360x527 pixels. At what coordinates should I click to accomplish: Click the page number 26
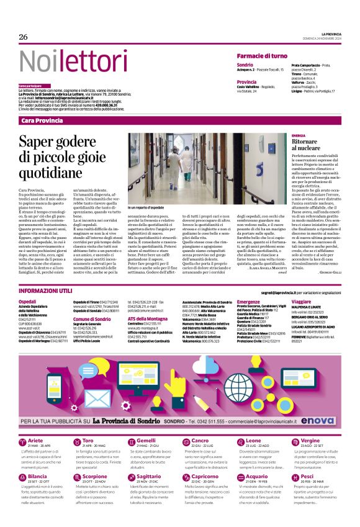coord(23,37)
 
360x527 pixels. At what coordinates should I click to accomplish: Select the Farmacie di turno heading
coord(262,56)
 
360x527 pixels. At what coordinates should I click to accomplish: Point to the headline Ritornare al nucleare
coord(324,146)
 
